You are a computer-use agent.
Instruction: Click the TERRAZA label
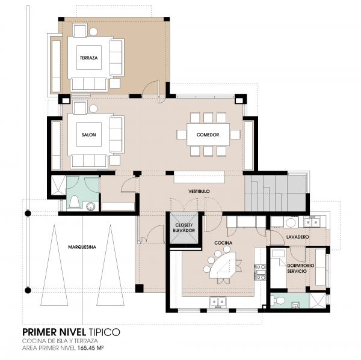tap(88, 58)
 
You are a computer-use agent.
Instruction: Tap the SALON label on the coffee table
tap(88, 135)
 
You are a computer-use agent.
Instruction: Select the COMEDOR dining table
tap(208, 135)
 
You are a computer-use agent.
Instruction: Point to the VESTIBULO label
tap(199, 191)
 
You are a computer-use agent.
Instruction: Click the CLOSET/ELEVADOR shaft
tap(184, 228)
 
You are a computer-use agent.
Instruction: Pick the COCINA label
tap(223, 243)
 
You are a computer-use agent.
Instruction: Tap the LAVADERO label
tap(297, 237)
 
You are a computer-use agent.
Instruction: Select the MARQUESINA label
tap(82, 247)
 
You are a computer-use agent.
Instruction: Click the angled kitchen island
tap(223, 266)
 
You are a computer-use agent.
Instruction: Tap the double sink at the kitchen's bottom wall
tap(218, 302)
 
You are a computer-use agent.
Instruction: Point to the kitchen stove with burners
tap(261, 272)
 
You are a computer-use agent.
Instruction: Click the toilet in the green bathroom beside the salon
tap(75, 202)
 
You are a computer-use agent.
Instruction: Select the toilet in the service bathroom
tap(278, 300)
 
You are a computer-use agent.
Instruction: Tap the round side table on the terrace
tap(93, 31)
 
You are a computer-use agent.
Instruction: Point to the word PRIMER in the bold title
tap(40, 332)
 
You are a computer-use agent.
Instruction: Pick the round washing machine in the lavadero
tap(291, 222)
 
